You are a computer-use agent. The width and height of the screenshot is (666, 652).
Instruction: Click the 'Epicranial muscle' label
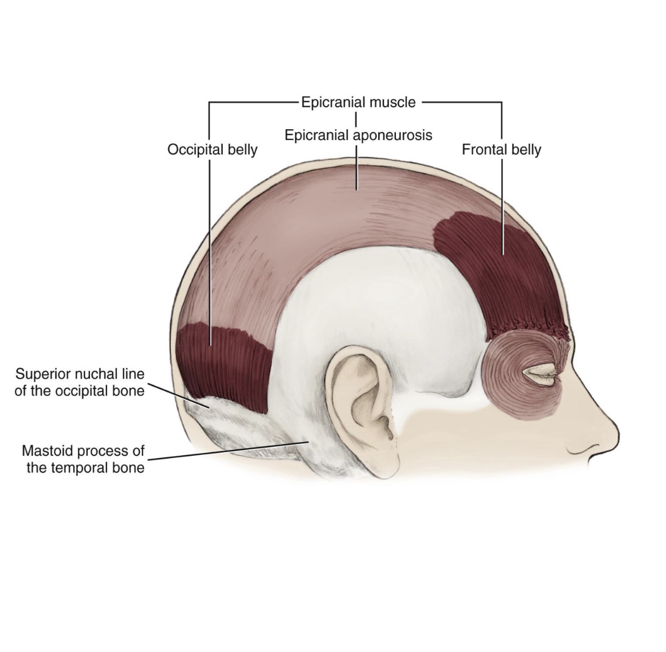(x=358, y=102)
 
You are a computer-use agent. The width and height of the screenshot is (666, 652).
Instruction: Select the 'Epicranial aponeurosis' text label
(x=358, y=135)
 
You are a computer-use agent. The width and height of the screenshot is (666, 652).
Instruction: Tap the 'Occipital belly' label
(x=212, y=149)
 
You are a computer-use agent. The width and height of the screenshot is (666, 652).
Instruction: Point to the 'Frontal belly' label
(x=501, y=149)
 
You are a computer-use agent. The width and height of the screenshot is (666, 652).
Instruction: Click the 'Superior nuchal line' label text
(x=80, y=373)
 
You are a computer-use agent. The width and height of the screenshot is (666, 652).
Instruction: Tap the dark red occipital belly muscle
(x=225, y=365)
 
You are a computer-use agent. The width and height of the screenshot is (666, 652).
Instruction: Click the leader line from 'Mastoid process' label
(x=225, y=451)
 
